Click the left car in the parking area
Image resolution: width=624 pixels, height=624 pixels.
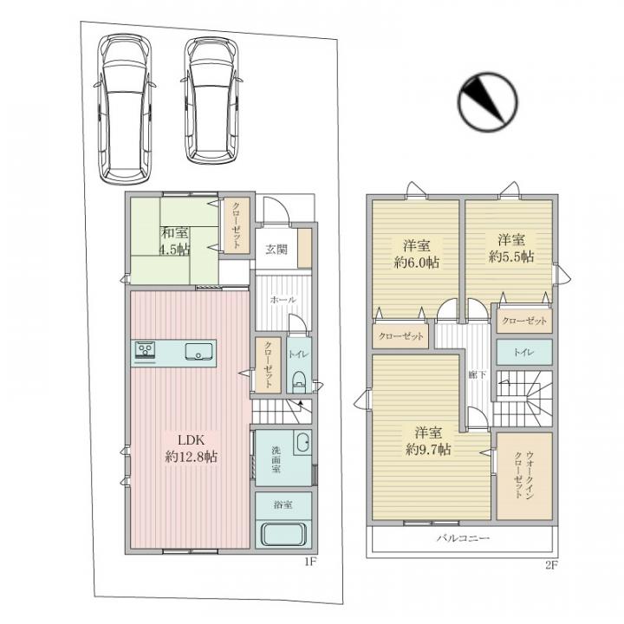click(125, 109)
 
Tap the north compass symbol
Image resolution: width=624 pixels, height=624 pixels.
click(487, 102)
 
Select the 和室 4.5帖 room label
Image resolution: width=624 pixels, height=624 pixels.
click(175, 240)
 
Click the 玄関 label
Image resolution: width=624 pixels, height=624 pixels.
click(276, 250)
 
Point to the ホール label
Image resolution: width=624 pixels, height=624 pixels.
click(283, 300)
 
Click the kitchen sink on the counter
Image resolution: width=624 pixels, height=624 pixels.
click(199, 351)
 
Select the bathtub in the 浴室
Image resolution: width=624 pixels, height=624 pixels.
click(283, 534)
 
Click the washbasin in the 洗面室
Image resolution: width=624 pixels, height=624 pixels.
click(302, 443)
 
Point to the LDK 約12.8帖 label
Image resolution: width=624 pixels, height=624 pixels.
click(191, 448)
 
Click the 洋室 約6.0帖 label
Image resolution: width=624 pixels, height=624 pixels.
click(417, 253)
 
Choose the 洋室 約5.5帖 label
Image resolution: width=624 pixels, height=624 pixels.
click(511, 248)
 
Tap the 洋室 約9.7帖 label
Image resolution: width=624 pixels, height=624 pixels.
click(428, 440)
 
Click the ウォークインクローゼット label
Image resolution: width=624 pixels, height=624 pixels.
click(524, 475)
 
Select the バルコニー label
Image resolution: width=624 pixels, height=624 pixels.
click(463, 538)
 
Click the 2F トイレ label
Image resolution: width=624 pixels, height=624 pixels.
click(523, 352)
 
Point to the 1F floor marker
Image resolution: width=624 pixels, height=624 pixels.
click(310, 562)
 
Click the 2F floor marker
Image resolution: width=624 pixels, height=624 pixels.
click(551, 565)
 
